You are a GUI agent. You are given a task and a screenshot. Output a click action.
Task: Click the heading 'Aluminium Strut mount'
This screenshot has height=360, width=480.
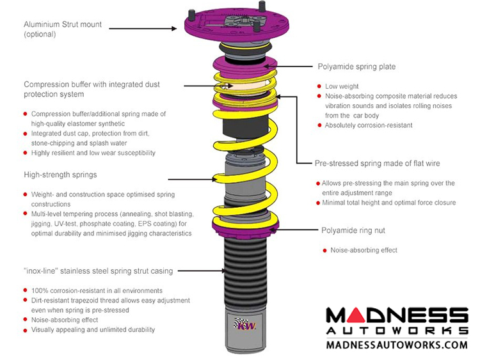pyautogui.click(x=66, y=24)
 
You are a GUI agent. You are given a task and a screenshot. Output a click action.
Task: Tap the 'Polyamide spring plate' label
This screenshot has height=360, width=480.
pyautogui.click(x=356, y=67)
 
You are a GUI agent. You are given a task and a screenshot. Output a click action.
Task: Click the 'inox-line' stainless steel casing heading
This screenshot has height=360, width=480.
pyautogui.click(x=98, y=272)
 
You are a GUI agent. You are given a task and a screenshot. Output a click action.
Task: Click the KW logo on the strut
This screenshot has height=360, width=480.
pyautogui.click(x=245, y=325)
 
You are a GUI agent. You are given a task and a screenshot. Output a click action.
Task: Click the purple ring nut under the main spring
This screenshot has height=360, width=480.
pyautogui.click(x=245, y=226)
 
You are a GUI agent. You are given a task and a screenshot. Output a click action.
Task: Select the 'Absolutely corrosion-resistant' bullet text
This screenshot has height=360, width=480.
pyautogui.click(x=369, y=125)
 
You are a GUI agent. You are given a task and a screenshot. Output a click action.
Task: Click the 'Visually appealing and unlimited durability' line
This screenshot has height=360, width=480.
pyautogui.click(x=93, y=330)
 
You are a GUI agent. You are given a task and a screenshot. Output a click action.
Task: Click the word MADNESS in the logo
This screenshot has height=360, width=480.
pyautogui.click(x=396, y=315)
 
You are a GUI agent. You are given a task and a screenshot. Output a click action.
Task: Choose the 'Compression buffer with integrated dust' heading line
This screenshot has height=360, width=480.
pyautogui.click(x=92, y=84)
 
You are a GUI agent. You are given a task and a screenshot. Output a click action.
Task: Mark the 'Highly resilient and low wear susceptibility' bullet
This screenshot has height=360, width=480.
pyautogui.click(x=93, y=153)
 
